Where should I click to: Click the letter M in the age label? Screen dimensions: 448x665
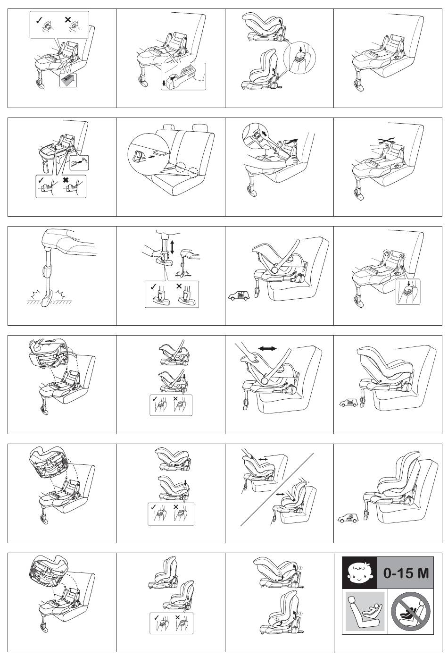click(423, 573)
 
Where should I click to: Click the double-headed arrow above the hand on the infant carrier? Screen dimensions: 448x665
click(267, 348)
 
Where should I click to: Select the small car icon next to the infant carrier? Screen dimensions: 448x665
click(239, 296)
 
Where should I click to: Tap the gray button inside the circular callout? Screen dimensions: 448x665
click(300, 57)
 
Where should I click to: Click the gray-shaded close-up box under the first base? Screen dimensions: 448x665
click(68, 80)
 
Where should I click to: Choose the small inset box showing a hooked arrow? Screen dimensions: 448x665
click(79, 162)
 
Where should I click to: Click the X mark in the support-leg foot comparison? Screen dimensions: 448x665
click(179, 286)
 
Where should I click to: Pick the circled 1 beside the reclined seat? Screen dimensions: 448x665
click(300, 568)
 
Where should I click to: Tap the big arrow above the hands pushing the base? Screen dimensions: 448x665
click(291, 141)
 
